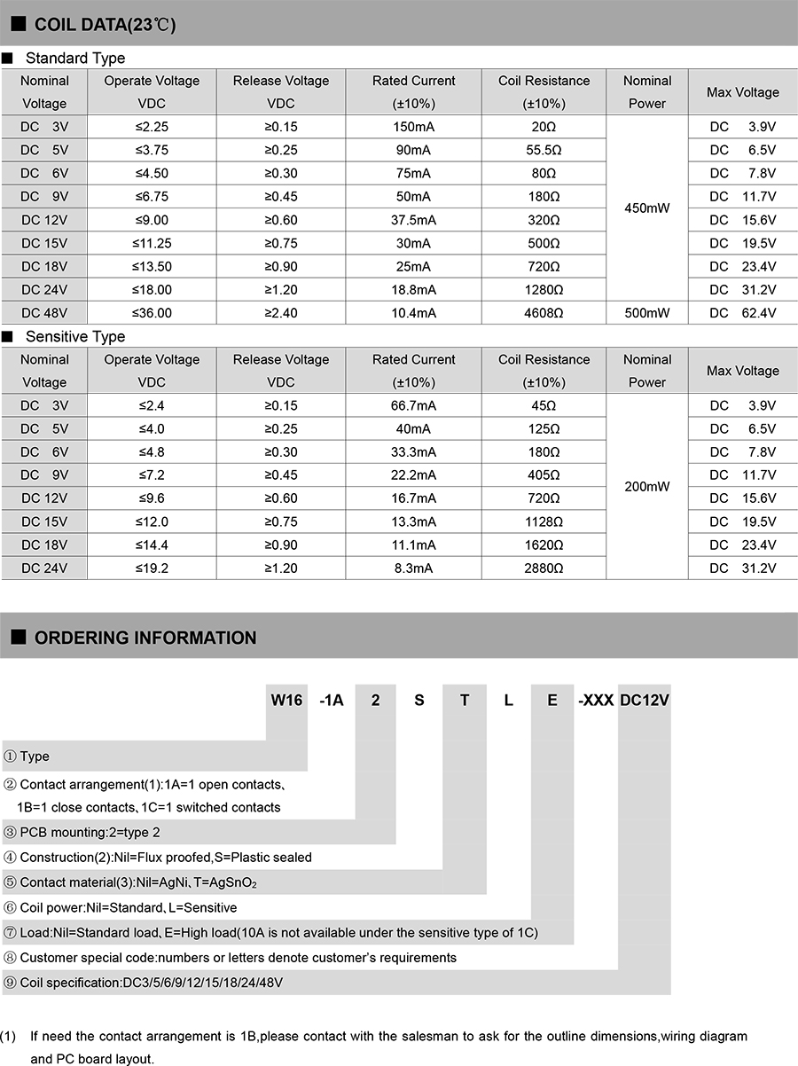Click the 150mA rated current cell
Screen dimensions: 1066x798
[x=413, y=127]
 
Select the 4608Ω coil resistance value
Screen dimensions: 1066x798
[x=544, y=312]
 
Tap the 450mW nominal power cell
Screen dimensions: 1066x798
[x=647, y=208]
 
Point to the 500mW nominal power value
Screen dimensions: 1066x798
[x=647, y=312]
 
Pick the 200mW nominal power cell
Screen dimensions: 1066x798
[x=647, y=487]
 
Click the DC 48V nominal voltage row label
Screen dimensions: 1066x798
[x=44, y=312]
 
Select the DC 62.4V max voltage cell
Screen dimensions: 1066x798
[x=743, y=312]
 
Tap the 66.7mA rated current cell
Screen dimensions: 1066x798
[x=413, y=405]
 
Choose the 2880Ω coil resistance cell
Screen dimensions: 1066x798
[x=544, y=568]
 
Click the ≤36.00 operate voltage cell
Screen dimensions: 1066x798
[x=152, y=312]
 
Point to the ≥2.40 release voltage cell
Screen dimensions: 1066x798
[x=281, y=312]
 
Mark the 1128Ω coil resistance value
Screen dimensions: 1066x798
[x=544, y=521]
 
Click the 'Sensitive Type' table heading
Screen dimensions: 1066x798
[x=75, y=337]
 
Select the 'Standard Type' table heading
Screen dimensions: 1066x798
[x=75, y=59]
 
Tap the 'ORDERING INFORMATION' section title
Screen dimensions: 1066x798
[x=145, y=638]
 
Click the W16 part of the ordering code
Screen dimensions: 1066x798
[x=286, y=701]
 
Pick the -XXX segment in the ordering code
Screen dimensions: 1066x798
[x=596, y=701]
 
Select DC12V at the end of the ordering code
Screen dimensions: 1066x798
[x=645, y=701]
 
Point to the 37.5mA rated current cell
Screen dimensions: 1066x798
[x=413, y=220]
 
